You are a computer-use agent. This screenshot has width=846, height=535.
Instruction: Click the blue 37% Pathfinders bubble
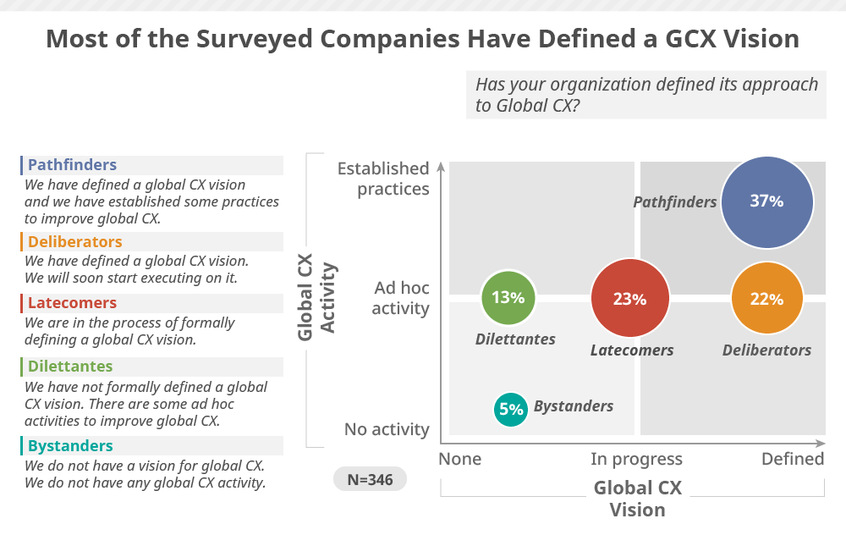pos(767,201)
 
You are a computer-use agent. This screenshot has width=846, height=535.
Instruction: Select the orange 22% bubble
pos(766,299)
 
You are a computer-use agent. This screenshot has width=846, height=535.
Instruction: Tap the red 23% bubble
pos(630,299)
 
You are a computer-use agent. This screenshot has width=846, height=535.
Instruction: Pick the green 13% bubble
pos(508,297)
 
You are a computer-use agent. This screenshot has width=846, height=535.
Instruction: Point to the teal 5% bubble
pos(511,410)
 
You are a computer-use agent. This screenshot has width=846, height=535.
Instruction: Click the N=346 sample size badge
pos(370,479)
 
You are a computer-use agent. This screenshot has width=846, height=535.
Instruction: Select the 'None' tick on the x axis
pos(459,459)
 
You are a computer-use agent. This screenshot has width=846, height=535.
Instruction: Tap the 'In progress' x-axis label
pos(636,459)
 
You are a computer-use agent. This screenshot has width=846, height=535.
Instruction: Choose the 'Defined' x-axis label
pos(793,459)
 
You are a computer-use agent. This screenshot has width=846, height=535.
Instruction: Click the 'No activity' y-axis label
pos(387,429)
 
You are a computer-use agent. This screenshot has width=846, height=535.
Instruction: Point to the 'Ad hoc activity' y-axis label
pos(401,298)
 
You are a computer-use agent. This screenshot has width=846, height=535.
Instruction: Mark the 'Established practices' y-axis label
pos(383,179)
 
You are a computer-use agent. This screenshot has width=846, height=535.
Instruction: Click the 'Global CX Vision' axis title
pos(637,499)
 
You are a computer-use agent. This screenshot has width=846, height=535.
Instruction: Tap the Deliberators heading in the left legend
pos(74,242)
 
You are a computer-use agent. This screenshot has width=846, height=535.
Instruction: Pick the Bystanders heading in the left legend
pos(70,446)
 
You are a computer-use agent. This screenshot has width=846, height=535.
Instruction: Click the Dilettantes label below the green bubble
pos(515,339)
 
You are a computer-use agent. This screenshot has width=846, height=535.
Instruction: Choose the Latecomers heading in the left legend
pos(72,303)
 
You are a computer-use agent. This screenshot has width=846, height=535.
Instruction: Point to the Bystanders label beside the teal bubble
pos(574,406)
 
